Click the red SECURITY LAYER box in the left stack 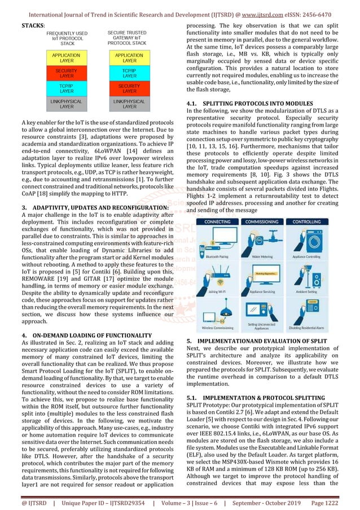point(67,73)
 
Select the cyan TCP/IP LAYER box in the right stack point(129,73)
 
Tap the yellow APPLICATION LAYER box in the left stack point(67,58)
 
